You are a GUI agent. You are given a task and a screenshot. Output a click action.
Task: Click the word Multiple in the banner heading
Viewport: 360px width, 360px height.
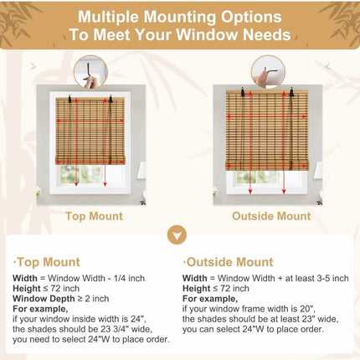click(x=109, y=18)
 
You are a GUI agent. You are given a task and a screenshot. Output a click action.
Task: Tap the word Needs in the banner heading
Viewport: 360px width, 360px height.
click(x=266, y=34)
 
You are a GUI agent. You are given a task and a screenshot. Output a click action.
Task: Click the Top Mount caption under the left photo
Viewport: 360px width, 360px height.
click(x=94, y=216)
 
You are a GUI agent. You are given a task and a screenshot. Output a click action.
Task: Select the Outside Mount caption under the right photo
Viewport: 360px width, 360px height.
click(x=271, y=216)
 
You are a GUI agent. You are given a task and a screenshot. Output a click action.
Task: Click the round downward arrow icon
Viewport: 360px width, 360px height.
click(x=177, y=235)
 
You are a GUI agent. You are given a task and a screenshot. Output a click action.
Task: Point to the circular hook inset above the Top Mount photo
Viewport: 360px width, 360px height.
click(x=91, y=72)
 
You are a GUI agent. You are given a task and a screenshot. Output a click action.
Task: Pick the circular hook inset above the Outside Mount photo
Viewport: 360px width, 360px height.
click(x=268, y=72)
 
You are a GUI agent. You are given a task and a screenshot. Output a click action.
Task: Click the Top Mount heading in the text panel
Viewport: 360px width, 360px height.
click(x=47, y=262)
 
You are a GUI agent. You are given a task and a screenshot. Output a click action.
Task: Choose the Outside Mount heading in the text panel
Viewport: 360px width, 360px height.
click(x=228, y=262)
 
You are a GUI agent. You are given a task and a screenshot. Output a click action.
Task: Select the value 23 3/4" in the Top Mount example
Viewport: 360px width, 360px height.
click(x=115, y=329)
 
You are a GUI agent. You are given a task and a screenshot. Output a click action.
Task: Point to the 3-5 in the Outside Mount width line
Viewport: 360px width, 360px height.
click(x=324, y=278)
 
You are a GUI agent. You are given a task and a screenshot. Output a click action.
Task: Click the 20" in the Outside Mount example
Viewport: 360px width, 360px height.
click(x=307, y=309)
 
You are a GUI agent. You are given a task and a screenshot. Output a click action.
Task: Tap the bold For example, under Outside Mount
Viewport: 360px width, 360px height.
click(x=210, y=299)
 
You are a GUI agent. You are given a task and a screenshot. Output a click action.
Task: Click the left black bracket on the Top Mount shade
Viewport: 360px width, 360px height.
click(x=69, y=98)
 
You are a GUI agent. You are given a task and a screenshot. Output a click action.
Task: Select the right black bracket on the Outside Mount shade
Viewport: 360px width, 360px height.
click(x=291, y=92)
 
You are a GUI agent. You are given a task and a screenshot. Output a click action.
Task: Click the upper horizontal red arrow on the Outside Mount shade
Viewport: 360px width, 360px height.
click(x=266, y=116)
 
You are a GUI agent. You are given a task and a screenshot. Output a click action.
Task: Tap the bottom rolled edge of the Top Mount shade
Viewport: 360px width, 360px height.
click(x=90, y=161)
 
